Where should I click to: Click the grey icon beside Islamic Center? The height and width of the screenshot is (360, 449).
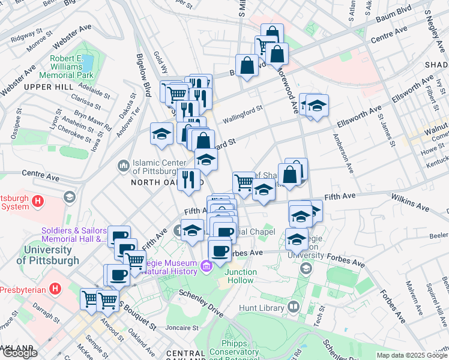click(124, 164)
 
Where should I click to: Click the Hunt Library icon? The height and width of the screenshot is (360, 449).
click(294, 307)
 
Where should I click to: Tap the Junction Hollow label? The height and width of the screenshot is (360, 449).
click(240, 276)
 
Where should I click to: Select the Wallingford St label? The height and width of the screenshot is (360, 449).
click(243, 112)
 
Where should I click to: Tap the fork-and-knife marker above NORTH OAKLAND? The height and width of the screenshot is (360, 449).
click(188, 179)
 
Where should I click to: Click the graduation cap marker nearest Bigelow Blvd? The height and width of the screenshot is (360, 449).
click(161, 134)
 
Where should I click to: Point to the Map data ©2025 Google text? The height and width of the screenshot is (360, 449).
click(412, 355)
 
